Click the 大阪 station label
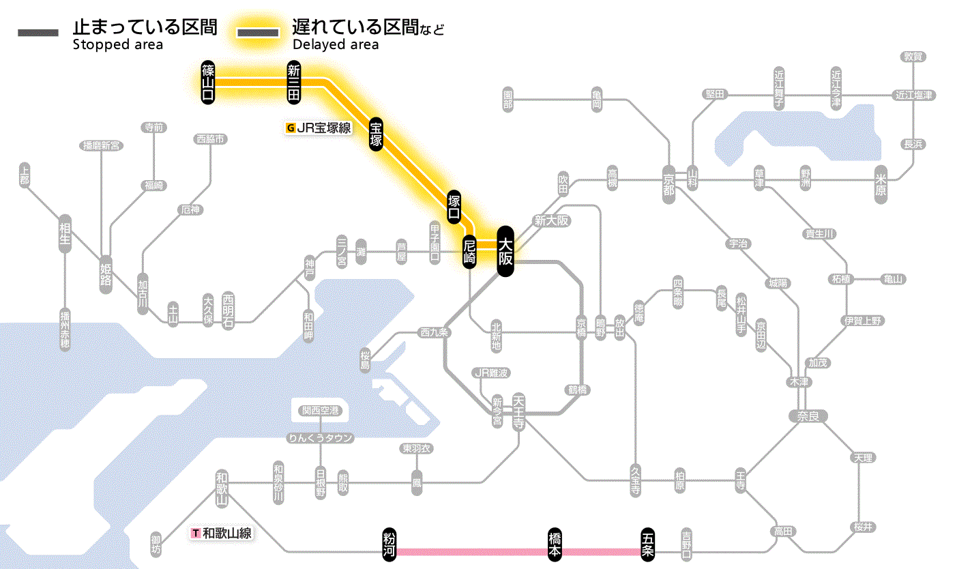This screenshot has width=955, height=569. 505,251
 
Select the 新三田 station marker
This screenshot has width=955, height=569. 294,82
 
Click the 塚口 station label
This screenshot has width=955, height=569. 454,207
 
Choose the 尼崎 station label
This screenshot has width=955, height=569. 469,251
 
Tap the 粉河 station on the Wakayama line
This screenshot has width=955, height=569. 390,545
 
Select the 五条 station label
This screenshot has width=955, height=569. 648,545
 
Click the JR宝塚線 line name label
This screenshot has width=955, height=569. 319,128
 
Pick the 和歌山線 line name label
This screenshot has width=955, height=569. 222,533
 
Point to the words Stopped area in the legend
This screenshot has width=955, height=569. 118,45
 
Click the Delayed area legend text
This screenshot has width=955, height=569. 336,45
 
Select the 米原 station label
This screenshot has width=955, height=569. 881,184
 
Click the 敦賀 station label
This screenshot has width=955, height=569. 913,57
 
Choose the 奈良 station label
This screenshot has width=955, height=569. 808,415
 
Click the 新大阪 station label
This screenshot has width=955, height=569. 551,220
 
